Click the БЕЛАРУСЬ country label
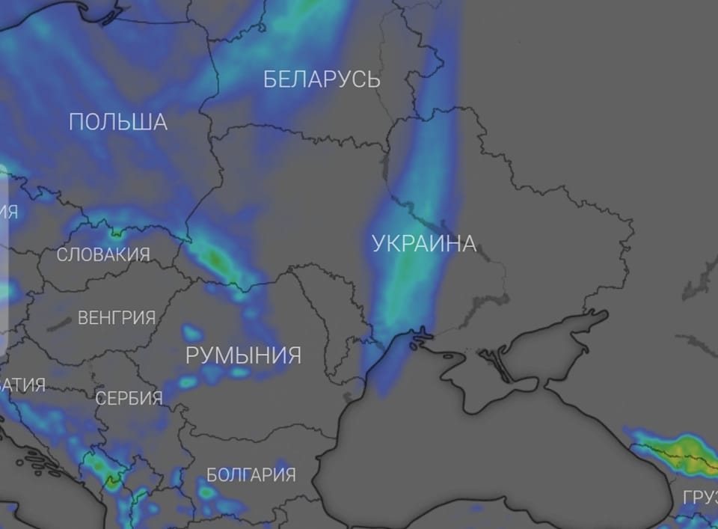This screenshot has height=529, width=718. click(x=322, y=79)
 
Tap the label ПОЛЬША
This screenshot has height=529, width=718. click(x=118, y=122)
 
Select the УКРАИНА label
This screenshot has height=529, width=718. click(x=423, y=243)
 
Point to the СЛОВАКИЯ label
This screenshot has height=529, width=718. click(x=103, y=254)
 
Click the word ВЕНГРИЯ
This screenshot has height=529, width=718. click(x=117, y=318)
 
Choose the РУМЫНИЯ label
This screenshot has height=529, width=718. click(x=243, y=355)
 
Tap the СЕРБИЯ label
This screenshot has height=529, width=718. click(x=129, y=398)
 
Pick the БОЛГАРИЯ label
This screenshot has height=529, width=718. click(x=251, y=474)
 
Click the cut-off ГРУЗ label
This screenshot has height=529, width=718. click(x=699, y=498)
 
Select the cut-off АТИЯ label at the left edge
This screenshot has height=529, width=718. click(x=22, y=385)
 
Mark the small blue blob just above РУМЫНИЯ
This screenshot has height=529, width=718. click(x=193, y=330)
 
